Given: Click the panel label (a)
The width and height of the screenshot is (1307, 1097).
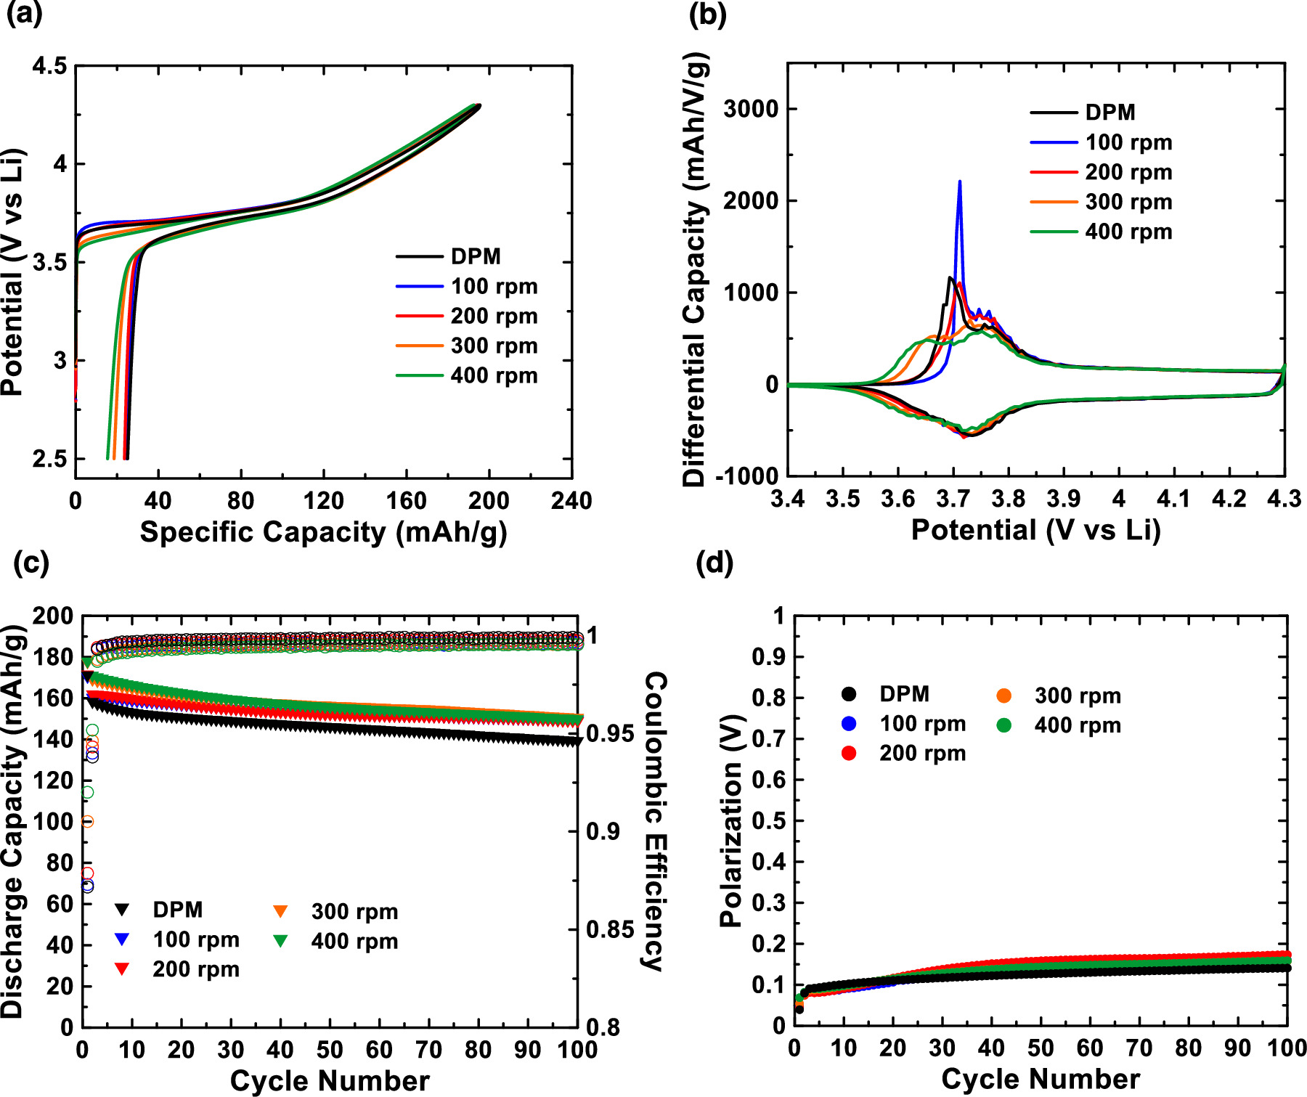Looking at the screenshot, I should [x=25, y=15].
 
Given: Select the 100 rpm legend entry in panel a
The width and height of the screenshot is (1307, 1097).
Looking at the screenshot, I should [x=494, y=287].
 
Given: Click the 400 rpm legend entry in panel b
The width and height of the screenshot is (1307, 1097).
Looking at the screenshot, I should [x=1128, y=232].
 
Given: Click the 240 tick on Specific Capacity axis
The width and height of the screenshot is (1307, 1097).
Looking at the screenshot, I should [x=571, y=500].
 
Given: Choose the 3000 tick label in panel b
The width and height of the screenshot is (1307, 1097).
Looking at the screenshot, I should [x=751, y=109].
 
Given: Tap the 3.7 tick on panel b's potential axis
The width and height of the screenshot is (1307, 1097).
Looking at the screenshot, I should [x=953, y=499].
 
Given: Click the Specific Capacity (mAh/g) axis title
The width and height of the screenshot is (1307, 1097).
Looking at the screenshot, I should [x=323, y=532].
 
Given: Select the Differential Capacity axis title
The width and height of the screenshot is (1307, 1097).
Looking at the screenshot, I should [x=695, y=269].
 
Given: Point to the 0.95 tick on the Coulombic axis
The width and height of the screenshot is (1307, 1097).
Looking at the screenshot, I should [x=610, y=734].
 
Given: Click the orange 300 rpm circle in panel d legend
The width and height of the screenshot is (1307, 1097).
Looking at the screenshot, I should [x=1004, y=696].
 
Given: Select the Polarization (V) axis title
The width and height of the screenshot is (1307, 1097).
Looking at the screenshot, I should [x=730, y=820].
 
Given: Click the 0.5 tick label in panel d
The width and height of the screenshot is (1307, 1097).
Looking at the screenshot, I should [x=769, y=821].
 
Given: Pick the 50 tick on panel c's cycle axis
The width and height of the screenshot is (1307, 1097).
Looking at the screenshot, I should [x=330, y=1050].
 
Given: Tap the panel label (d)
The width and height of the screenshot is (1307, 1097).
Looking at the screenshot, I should [x=714, y=563].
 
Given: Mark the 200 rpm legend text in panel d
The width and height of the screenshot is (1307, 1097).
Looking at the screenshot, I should [x=922, y=754].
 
